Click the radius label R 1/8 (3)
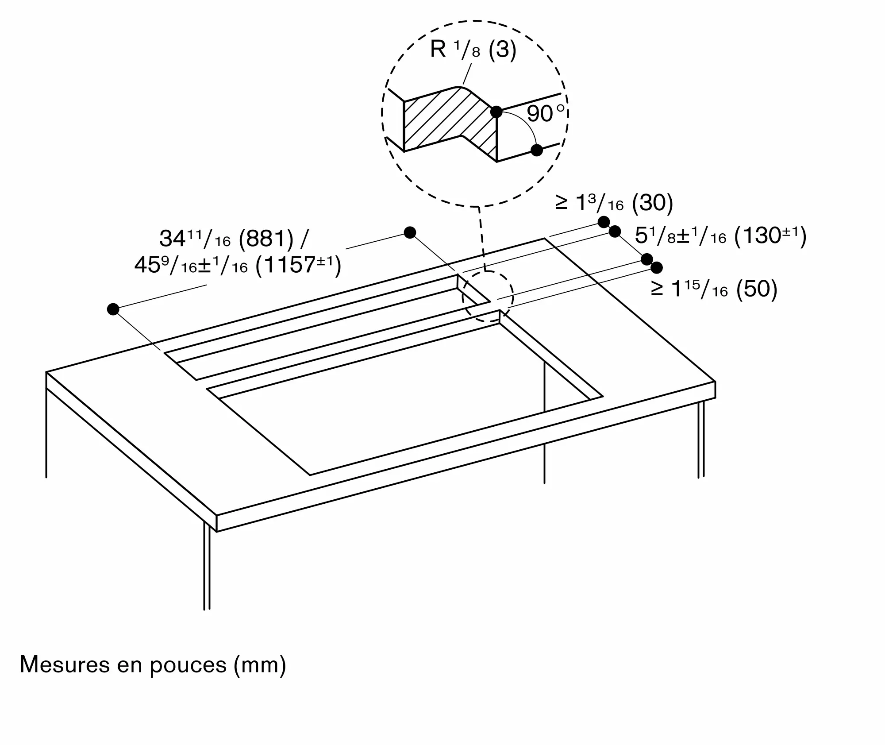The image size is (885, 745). (x=473, y=50)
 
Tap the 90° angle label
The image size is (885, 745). (x=546, y=113)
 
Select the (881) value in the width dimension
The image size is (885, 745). (x=266, y=239)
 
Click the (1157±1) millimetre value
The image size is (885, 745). (x=299, y=266)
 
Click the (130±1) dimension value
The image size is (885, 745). (x=770, y=235)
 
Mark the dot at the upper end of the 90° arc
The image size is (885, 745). (x=496, y=112)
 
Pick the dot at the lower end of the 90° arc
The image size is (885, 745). (x=536, y=150)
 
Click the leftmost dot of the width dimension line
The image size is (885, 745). (x=113, y=309)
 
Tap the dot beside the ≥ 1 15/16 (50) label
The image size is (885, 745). (x=657, y=267)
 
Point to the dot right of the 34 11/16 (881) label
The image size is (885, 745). (x=410, y=232)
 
